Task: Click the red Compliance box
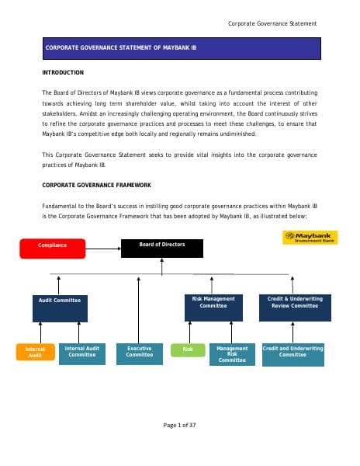tap(53, 245)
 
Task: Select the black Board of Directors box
tap(162, 248)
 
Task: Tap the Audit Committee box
tap(60, 308)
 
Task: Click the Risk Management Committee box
tap(213, 308)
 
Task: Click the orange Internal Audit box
tap(36, 353)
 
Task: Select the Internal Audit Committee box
tap(82, 353)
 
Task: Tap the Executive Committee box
tap(140, 353)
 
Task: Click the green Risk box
tap(188, 350)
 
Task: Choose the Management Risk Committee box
tap(232, 354)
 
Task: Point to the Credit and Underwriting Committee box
tap(293, 353)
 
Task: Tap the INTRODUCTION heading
tap(63, 72)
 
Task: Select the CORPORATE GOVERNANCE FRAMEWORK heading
tap(96, 185)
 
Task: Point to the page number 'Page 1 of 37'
tap(179, 425)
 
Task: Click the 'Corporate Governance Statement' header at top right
tap(272, 23)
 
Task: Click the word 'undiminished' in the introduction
tap(230, 134)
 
